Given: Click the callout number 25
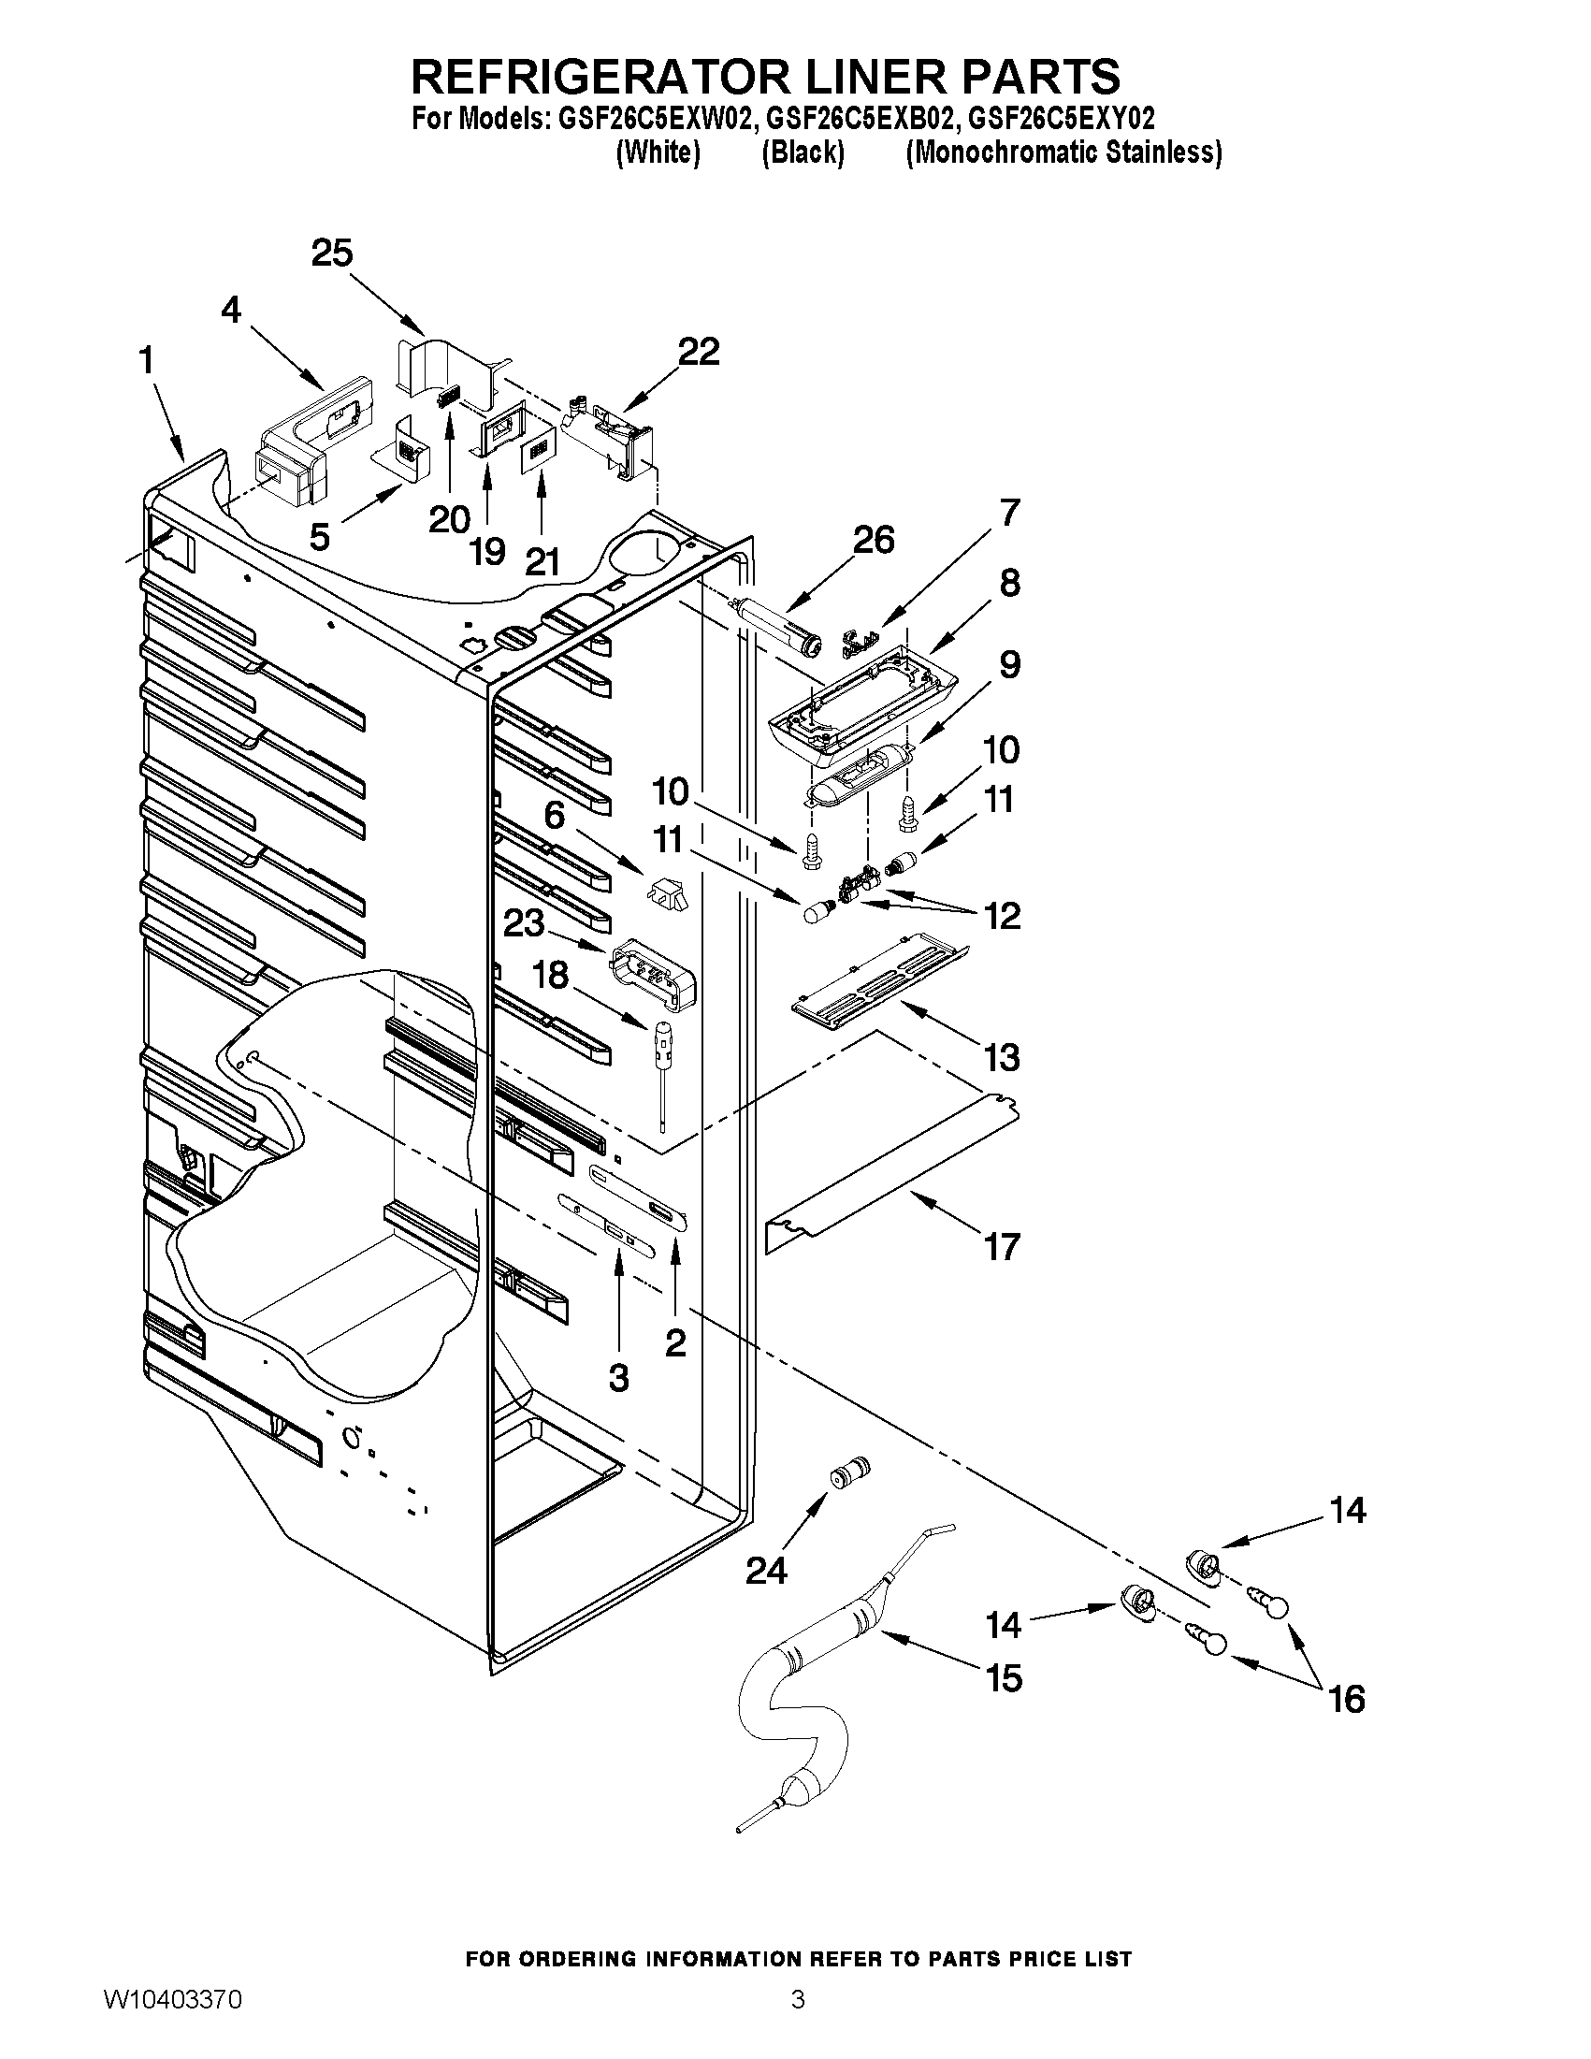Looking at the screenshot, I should [332, 254].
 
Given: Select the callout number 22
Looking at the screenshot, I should [699, 352].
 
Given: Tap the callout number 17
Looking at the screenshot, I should [1002, 1247].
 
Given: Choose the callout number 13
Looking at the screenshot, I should [1002, 1058].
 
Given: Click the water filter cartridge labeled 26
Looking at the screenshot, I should [779, 626].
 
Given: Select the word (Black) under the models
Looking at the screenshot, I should [803, 152].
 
